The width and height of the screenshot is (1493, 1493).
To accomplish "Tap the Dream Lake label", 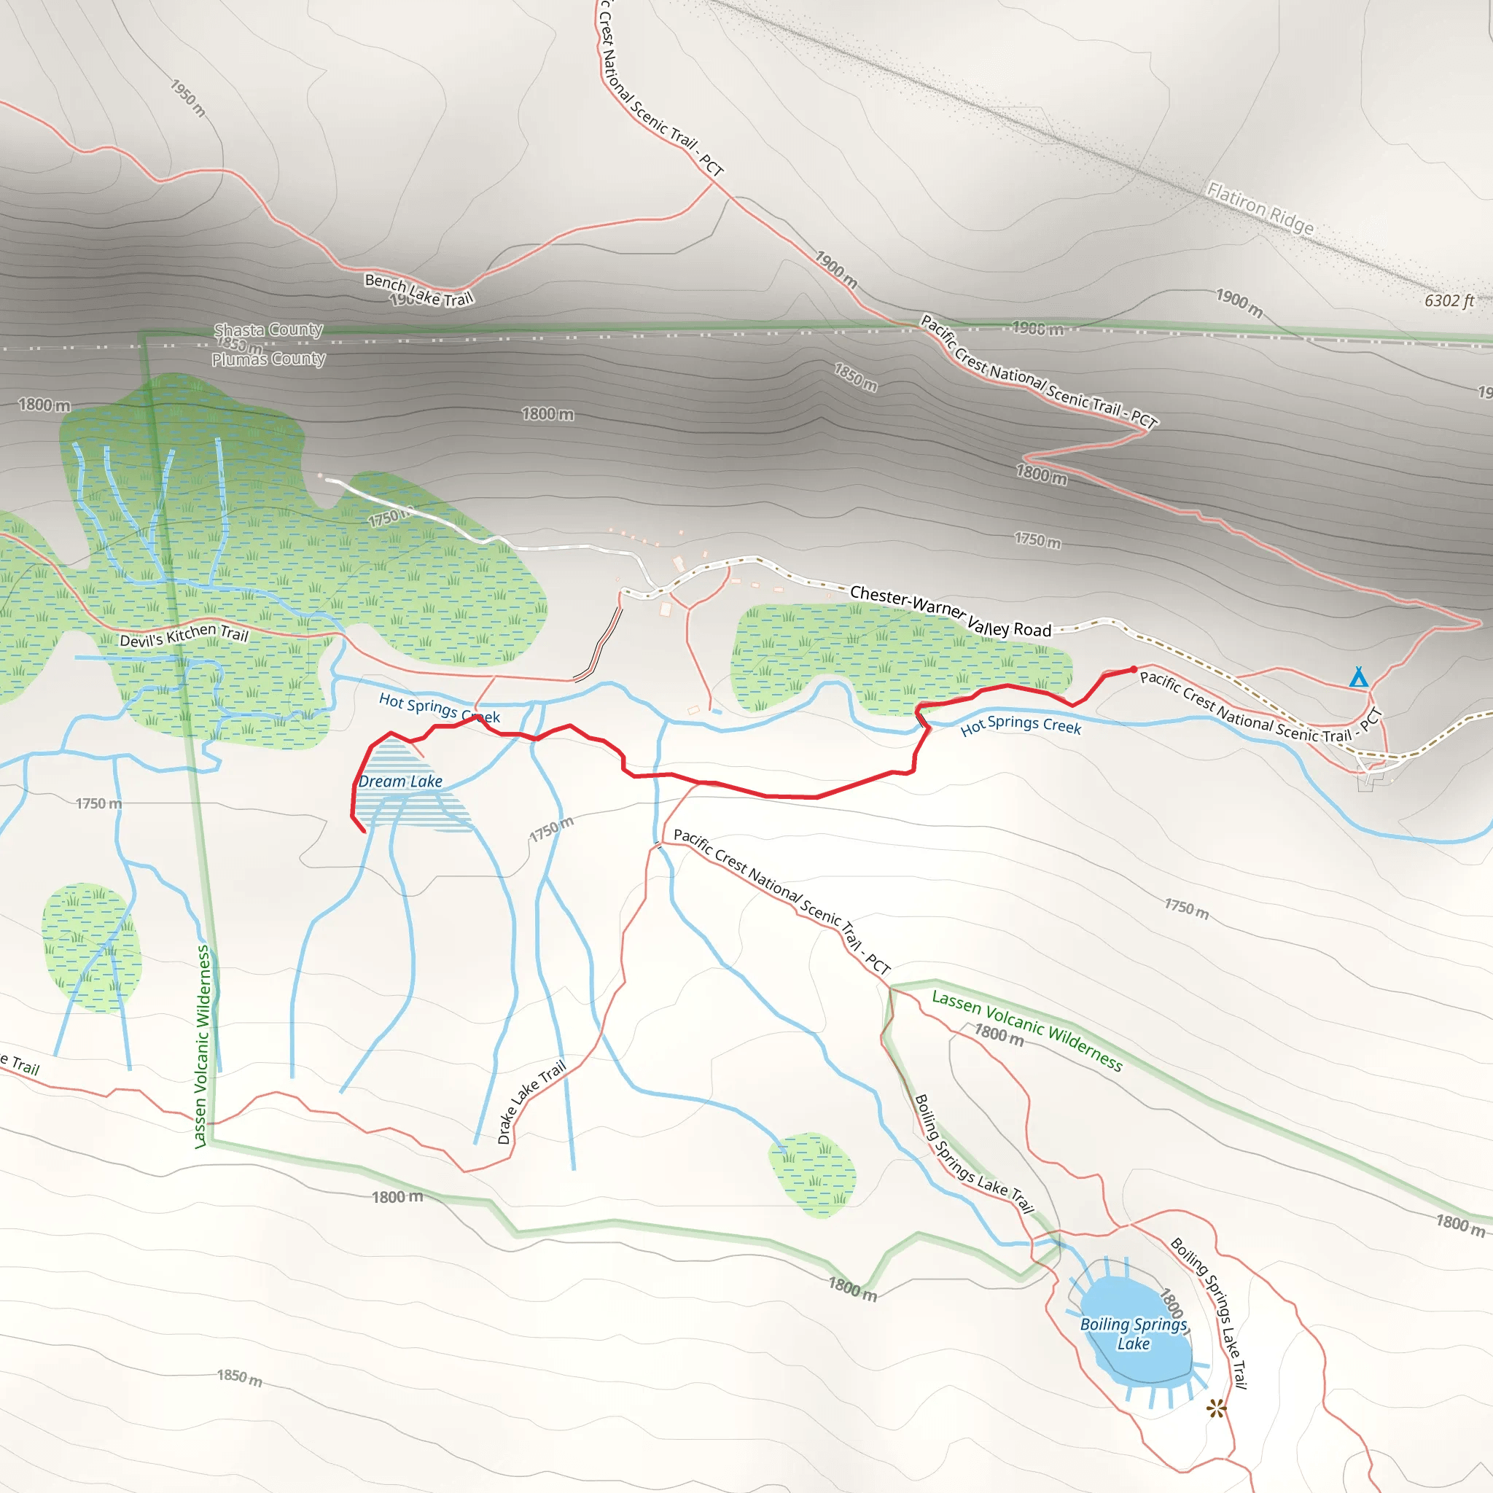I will (x=400, y=781).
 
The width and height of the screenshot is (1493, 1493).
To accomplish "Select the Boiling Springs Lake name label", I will (x=1133, y=1334).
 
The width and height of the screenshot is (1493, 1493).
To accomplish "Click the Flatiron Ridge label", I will (x=1260, y=208).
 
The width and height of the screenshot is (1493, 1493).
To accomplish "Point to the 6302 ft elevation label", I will (x=1449, y=300).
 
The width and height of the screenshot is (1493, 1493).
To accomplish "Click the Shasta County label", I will (x=268, y=330).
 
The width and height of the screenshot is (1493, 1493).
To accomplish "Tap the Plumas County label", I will (x=268, y=359).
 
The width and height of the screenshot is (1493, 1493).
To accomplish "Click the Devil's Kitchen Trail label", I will (x=184, y=635).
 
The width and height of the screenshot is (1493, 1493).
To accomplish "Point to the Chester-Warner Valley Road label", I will (x=951, y=610).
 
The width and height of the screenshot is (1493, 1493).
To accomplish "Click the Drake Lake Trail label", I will (x=531, y=1102).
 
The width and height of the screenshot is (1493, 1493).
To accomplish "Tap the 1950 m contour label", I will (x=188, y=98).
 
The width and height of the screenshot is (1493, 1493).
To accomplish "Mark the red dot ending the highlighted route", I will (x=1134, y=669).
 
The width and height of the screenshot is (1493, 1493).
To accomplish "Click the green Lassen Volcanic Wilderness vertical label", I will (x=203, y=1047).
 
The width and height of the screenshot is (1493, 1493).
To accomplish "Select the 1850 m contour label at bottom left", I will (x=239, y=1377).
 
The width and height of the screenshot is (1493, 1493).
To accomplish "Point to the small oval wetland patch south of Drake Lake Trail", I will (x=813, y=1174).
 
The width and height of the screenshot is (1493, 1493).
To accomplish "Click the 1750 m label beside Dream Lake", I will (x=551, y=829).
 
